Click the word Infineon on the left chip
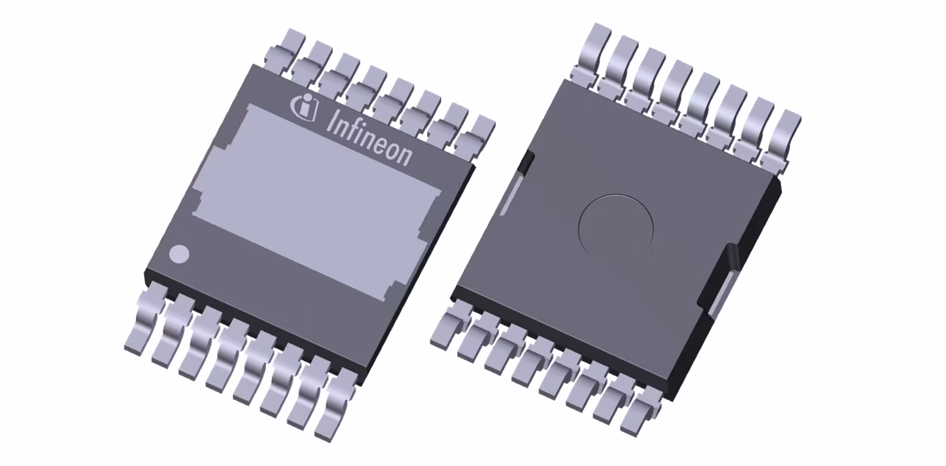click(x=368, y=136)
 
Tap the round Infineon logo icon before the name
click(x=304, y=108)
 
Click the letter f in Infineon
click(x=354, y=127)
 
